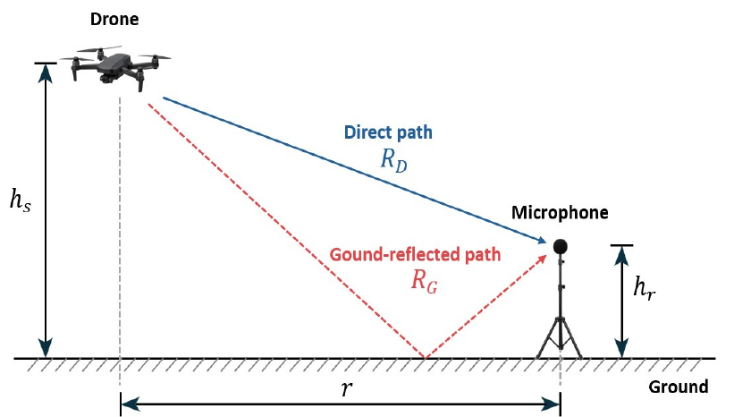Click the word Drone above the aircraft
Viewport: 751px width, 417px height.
click(x=114, y=19)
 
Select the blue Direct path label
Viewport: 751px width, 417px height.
click(x=388, y=132)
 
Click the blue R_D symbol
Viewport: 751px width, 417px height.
click(x=393, y=159)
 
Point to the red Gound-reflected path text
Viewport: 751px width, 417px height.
click(x=415, y=254)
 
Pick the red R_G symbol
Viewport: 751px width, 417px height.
click(x=424, y=280)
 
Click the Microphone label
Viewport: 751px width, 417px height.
click(x=560, y=212)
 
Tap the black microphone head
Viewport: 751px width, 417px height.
click(x=560, y=246)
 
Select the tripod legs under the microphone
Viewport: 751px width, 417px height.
click(x=560, y=337)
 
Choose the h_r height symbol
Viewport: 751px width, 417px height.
click(x=645, y=287)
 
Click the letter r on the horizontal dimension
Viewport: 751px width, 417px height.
click(x=346, y=388)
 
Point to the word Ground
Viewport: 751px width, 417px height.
click(x=679, y=387)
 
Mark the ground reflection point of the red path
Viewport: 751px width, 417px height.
click(x=425, y=358)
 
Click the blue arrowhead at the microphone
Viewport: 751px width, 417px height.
click(x=541, y=240)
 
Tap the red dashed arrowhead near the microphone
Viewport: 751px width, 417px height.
click(x=542, y=260)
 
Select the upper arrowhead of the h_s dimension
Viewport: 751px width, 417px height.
click(x=46, y=72)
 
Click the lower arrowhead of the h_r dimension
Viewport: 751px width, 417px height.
click(x=621, y=348)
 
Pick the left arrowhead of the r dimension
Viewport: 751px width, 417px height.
click(x=130, y=404)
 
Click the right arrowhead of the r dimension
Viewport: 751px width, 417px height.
click(x=551, y=404)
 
